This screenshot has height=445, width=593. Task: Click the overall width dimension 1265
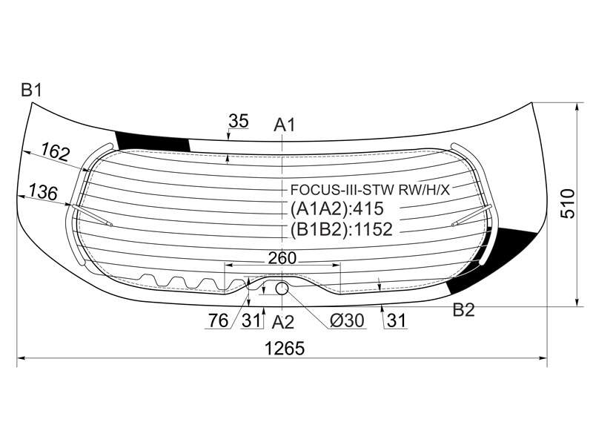(x=285, y=349)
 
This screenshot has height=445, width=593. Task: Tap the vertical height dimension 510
(x=568, y=203)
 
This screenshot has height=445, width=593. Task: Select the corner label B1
(x=31, y=90)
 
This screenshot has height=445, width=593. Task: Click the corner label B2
(x=464, y=310)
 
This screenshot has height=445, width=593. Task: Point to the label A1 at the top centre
(x=285, y=125)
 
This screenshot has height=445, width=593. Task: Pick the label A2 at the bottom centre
(x=283, y=323)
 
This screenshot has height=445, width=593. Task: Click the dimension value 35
(x=239, y=121)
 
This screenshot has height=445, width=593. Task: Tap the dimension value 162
(x=56, y=151)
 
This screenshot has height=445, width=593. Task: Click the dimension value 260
(x=282, y=258)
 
